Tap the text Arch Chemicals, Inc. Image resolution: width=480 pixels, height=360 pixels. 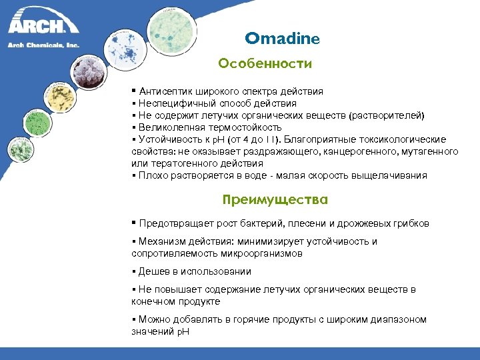[43, 45]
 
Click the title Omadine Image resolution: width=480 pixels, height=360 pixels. [282, 39]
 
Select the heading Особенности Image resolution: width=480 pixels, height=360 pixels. [265, 64]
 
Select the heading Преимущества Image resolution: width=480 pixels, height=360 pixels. [275, 200]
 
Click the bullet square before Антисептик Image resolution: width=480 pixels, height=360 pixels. [134, 91]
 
